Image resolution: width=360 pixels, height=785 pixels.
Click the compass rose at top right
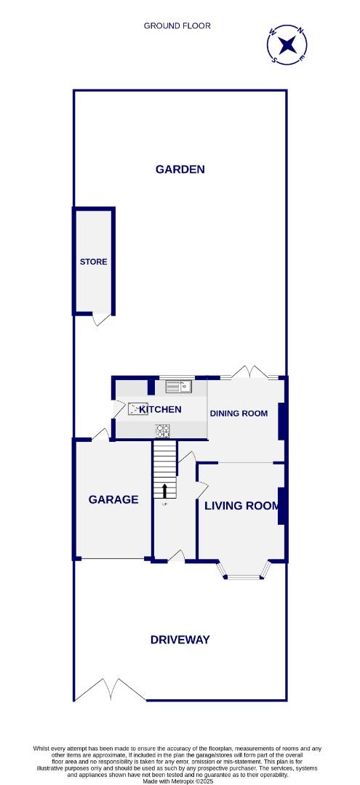click(x=289, y=45)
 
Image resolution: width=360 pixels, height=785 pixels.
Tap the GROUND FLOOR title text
click(x=177, y=26)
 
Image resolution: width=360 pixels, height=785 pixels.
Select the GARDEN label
click(x=180, y=169)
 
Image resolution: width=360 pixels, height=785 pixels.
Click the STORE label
click(x=94, y=262)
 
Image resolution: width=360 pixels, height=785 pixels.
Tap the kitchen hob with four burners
click(x=163, y=430)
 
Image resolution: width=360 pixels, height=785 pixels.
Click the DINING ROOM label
click(x=239, y=414)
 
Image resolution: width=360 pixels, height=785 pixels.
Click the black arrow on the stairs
click(x=164, y=491)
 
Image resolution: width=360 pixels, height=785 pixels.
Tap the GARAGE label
click(x=113, y=499)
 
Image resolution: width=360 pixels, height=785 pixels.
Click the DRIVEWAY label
click(x=180, y=640)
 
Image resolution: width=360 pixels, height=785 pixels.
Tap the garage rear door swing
click(x=101, y=434)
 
